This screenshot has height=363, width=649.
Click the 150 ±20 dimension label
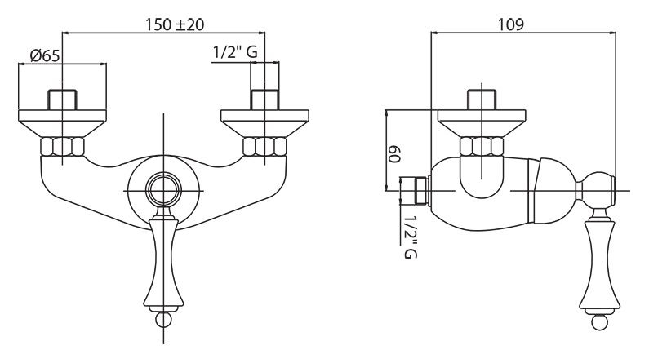174,24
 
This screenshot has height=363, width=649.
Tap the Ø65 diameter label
45,55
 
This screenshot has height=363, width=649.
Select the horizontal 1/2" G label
235,52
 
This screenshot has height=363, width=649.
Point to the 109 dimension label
511,24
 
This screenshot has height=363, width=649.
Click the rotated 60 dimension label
394,154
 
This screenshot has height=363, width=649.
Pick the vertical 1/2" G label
410,237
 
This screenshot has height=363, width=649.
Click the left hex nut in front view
63,146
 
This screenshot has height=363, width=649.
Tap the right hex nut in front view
264,146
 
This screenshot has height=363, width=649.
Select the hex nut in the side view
482,146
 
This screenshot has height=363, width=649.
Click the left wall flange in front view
63,123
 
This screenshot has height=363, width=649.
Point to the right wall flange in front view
264,123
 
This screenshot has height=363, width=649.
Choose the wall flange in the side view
482,123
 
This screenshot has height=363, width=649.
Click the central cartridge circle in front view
164,191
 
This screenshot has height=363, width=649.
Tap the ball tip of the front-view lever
164,319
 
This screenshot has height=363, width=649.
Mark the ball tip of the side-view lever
600,322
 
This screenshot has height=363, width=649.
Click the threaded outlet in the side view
415,191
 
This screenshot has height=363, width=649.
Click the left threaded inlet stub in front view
63,100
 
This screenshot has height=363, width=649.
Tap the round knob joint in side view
596,190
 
